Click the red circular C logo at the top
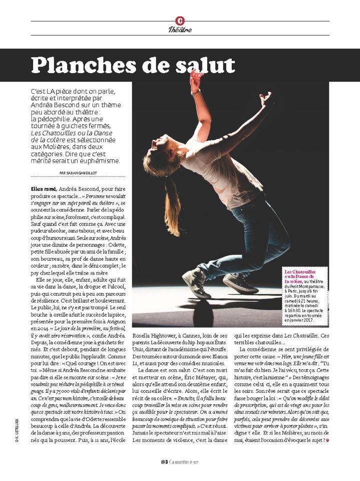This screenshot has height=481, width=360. point(180,21)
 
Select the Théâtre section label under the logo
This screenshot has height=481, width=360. point(180,30)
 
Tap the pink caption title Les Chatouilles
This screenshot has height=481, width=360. point(299,272)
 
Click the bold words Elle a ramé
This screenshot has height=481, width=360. point(43,188)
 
